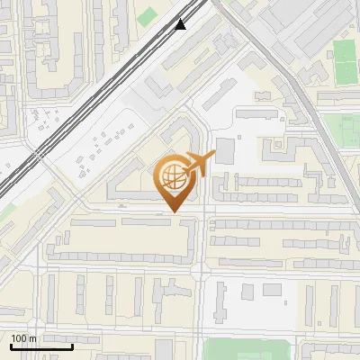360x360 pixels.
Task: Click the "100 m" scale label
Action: (x=23, y=338)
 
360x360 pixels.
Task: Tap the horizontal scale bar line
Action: (x=41, y=346)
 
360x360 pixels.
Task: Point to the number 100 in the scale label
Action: (x=19, y=338)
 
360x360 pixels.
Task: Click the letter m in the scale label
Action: (x=32, y=338)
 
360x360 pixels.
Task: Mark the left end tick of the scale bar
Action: (x=11, y=345)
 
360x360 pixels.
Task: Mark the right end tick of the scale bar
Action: (x=72, y=345)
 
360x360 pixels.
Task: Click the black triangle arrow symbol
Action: (x=181, y=24)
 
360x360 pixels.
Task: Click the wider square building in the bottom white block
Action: (x=272, y=291)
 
